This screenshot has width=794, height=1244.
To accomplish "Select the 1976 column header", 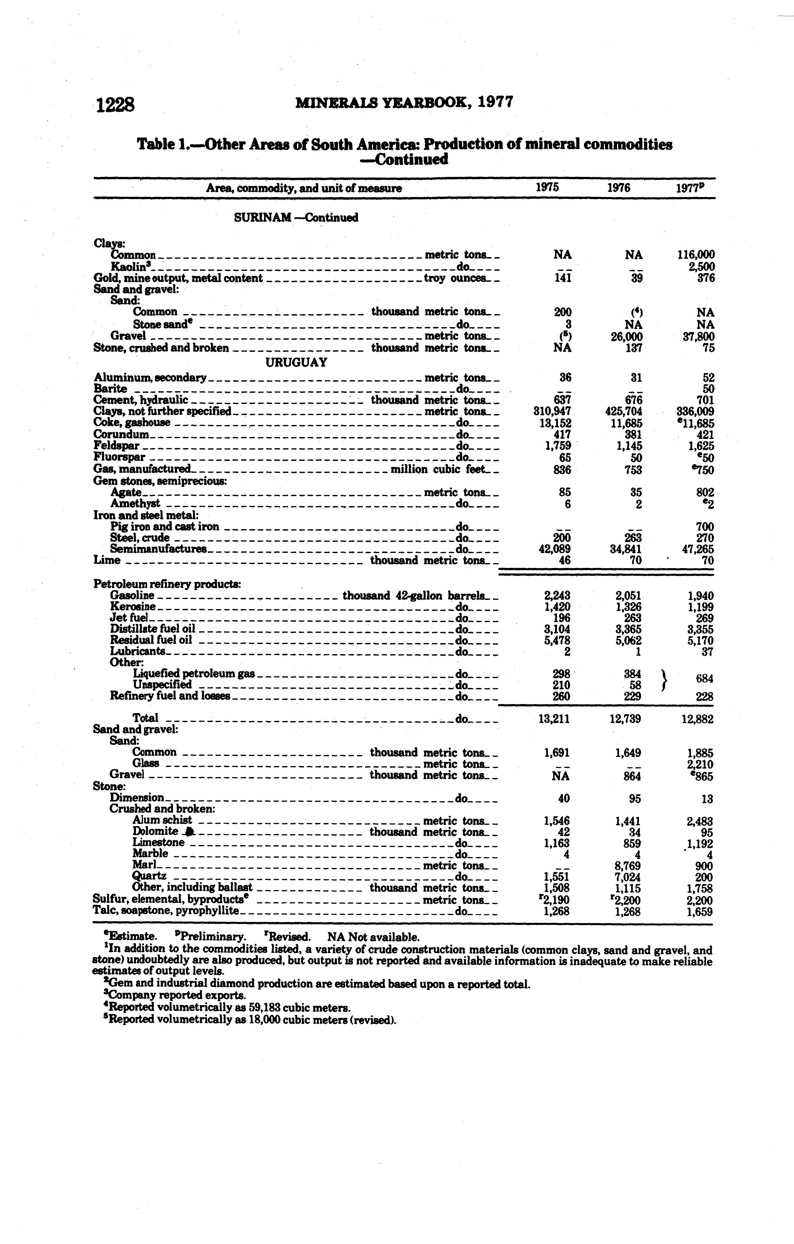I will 619,187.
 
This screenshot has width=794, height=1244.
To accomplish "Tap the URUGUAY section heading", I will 296,362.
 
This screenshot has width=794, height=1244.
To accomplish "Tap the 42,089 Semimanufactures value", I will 554,549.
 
